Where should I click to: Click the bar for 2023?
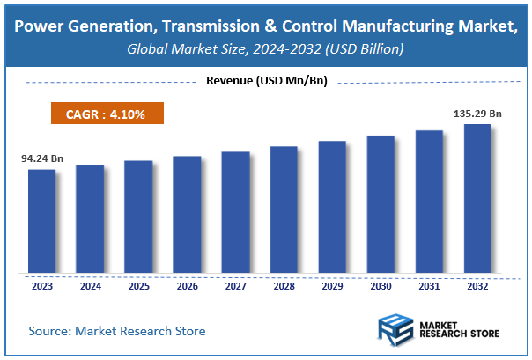pos(41,221)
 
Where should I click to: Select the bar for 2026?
pos(187,214)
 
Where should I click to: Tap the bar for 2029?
pos(332,207)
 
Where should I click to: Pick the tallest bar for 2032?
pos(477,198)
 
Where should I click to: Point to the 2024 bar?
pos(90,218)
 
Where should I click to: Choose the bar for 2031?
pos(429,202)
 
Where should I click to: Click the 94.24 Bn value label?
pos(42,159)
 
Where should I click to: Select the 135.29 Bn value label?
pos(477,113)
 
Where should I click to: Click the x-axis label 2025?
pos(138,286)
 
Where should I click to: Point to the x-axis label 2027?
pos(235,286)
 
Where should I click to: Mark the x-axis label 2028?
pos(284,286)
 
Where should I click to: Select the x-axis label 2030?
pos(381,286)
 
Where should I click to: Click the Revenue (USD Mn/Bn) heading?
pos(265,82)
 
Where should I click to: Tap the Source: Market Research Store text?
pos(116,331)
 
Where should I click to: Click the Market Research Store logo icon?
pos(396,330)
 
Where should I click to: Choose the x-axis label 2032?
pos(477,286)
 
